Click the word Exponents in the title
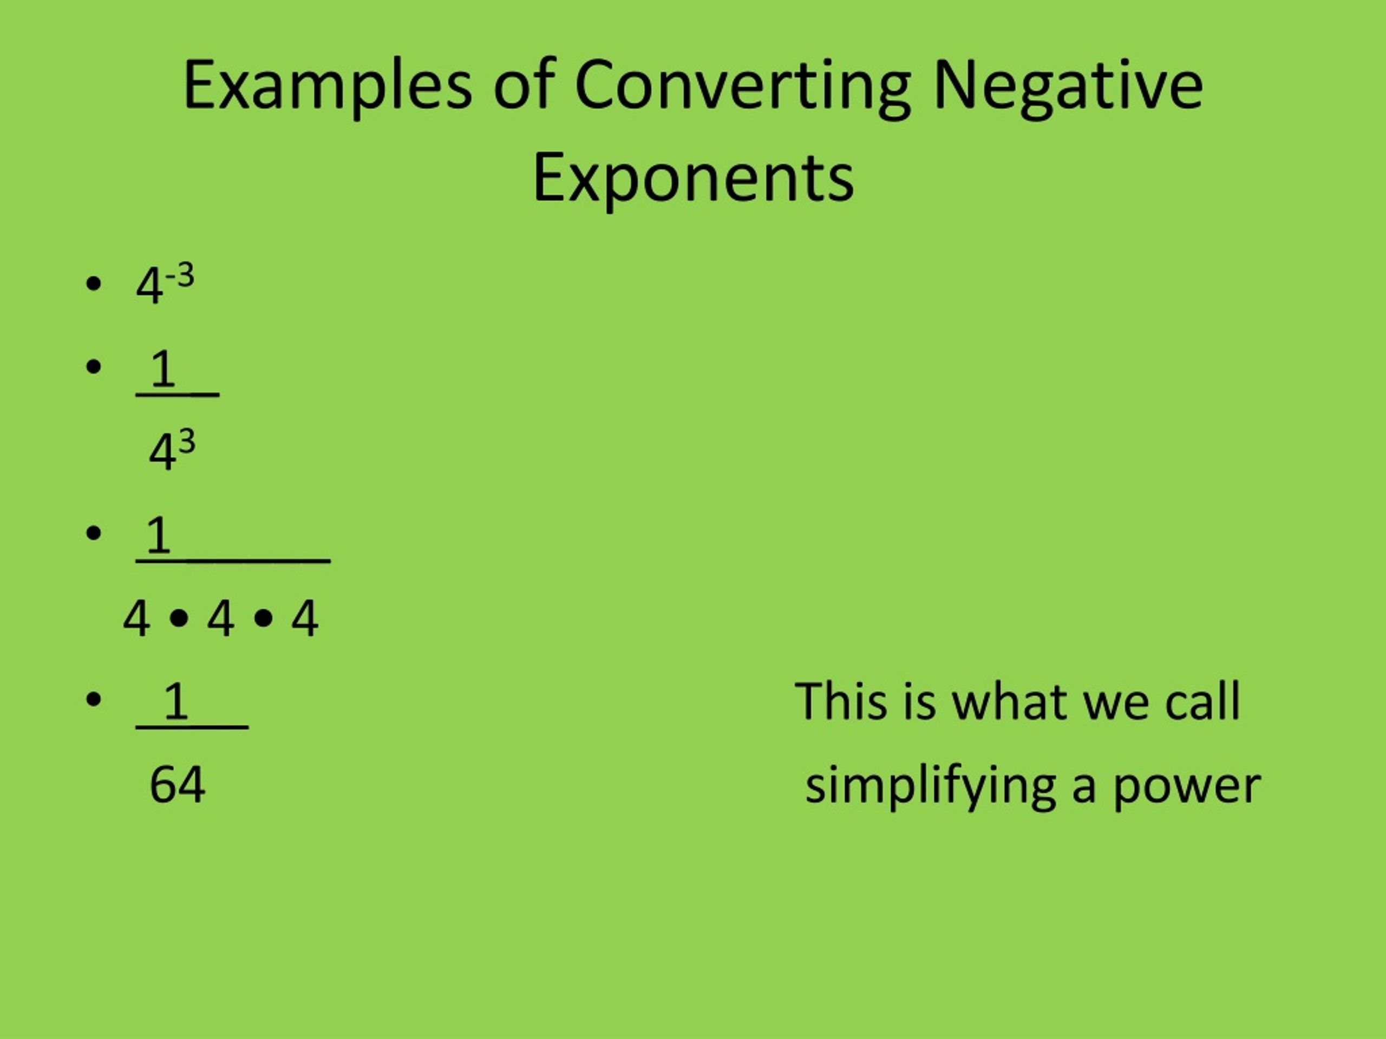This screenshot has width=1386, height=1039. click(693, 179)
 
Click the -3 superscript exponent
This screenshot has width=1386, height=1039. click(180, 275)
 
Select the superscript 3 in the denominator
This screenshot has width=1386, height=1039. click(187, 442)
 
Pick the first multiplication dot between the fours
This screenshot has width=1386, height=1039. click(179, 618)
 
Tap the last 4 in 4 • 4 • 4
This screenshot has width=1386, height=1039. click(304, 618)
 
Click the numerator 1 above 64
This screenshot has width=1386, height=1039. click(175, 701)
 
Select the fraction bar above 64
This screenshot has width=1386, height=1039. click(192, 728)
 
